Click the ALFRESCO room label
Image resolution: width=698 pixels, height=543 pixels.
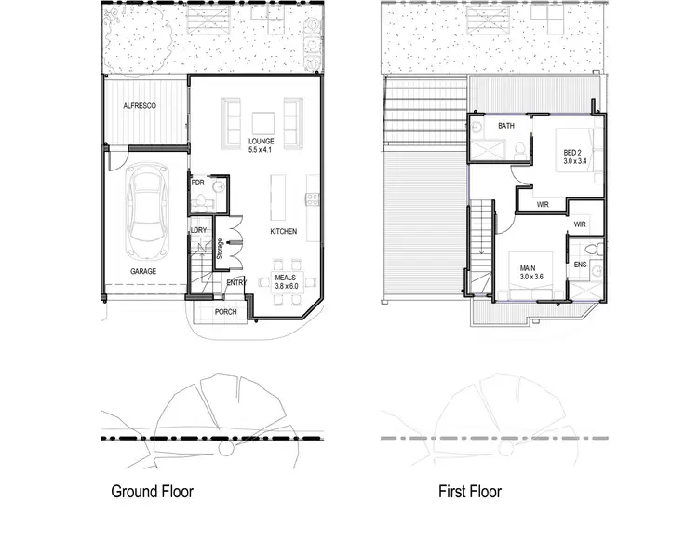(140, 107)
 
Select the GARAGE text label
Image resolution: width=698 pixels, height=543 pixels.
(142, 271)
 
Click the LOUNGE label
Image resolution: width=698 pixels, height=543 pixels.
(261, 142)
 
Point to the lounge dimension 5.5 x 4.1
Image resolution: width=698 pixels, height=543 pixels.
(261, 150)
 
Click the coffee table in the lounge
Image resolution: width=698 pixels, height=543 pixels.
(262, 122)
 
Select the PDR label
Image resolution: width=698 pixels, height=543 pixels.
(197, 183)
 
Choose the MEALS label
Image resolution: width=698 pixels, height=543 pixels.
(286, 277)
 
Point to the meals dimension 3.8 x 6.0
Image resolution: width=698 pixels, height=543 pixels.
(286, 286)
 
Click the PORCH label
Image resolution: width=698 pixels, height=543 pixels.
(225, 312)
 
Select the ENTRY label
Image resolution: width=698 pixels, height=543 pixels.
(236, 283)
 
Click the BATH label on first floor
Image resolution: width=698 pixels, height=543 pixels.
(506, 126)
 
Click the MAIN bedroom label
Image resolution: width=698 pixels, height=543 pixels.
(532, 267)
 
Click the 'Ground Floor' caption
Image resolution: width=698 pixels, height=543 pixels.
(152, 491)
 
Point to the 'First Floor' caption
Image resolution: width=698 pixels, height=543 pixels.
(470, 491)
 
